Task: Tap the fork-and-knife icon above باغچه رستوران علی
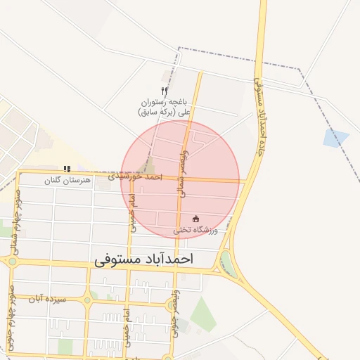[x=164, y=91]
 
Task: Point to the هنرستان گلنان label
[x=67, y=181]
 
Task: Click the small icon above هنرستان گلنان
[x=67, y=169]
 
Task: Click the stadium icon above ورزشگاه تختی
[x=195, y=219]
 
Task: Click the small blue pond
[x=336, y=139]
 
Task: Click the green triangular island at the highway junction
[x=226, y=264]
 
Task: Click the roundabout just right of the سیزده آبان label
[x=87, y=300]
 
